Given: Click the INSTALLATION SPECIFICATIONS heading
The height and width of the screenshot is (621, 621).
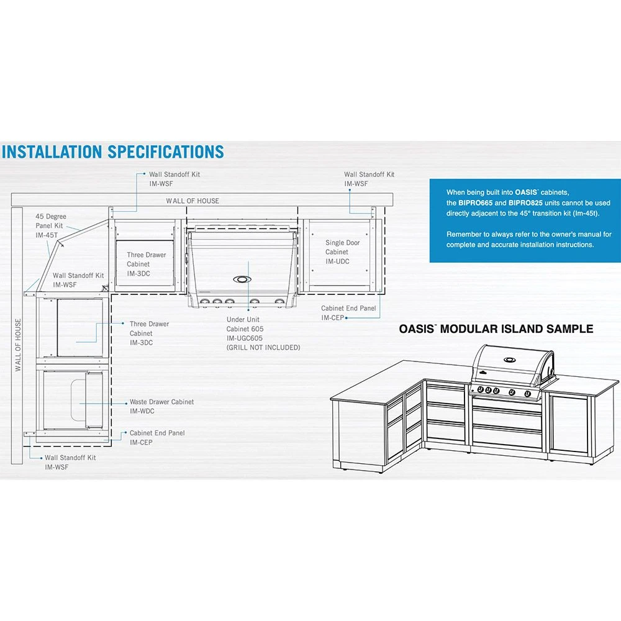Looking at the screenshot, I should point(112,152).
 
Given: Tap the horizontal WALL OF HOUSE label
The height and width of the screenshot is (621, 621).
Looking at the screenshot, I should point(192,201).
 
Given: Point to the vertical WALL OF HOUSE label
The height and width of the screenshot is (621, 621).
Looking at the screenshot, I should point(18,345).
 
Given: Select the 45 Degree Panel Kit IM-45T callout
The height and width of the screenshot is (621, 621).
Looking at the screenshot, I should point(51,226).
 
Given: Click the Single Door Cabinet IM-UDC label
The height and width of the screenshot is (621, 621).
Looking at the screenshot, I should point(342,252).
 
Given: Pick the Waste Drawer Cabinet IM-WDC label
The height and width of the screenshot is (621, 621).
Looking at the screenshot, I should point(161,406).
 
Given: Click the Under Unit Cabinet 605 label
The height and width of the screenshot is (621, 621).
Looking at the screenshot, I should point(247,328).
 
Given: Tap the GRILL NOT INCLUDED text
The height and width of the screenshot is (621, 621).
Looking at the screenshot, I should point(263,348).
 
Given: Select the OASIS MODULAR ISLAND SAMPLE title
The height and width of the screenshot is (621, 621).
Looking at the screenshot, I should point(496,329).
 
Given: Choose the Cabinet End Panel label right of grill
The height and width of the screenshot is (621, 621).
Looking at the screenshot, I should point(348,312).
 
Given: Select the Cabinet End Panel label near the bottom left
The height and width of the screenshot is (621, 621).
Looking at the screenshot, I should point(156,437).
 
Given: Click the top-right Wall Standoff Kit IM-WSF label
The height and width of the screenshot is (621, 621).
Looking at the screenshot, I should point(369,179).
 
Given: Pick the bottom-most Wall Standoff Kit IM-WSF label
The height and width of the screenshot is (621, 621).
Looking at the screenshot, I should point(70,462).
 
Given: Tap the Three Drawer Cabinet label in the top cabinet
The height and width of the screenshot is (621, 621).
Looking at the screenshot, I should point(147,264).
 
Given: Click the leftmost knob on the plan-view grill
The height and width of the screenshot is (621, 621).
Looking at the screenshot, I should point(204,302).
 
